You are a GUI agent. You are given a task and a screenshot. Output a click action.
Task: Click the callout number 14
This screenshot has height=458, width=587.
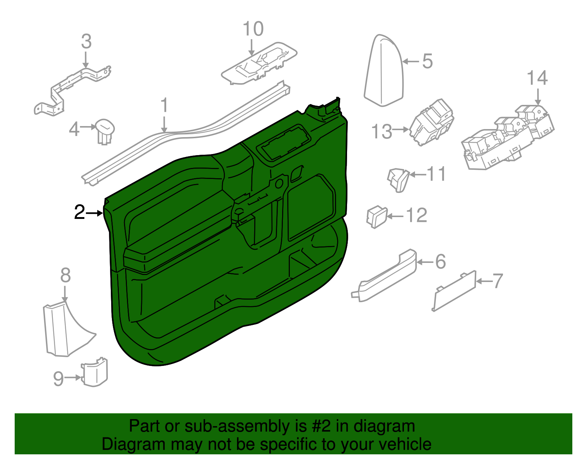[x=537, y=78]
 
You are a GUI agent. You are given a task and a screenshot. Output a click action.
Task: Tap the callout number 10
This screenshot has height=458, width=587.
[x=253, y=29]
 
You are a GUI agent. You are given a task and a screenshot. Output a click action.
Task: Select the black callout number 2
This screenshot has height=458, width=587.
[x=79, y=212]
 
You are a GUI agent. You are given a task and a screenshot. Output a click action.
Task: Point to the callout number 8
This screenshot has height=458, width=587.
[x=65, y=275]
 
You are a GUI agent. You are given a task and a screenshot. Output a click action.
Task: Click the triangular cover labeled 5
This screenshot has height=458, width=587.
[x=384, y=72]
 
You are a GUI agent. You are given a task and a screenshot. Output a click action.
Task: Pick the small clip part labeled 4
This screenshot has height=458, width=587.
[x=105, y=131]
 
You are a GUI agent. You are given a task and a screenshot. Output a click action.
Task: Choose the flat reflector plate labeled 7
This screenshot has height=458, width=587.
[x=454, y=292]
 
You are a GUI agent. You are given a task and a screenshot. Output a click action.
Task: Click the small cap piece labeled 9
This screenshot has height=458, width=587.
[x=95, y=372]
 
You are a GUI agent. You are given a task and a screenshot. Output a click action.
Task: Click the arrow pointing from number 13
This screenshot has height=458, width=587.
[x=401, y=129]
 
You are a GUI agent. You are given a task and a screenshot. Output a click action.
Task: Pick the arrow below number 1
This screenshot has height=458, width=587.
[x=164, y=124]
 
